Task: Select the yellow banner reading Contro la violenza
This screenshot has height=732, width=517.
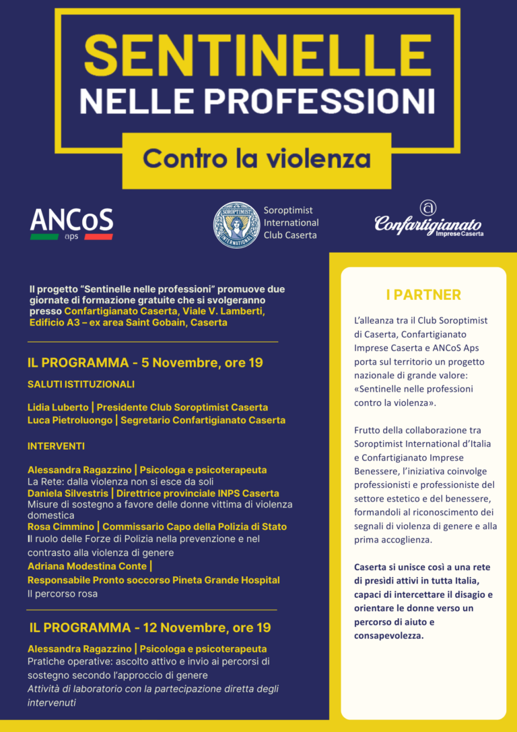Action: point(256,159)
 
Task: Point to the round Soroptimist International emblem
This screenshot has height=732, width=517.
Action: point(236,225)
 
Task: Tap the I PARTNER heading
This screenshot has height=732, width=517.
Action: point(423,295)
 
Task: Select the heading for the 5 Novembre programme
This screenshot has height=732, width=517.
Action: point(145,363)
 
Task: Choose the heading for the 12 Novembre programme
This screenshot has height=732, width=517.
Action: point(150,628)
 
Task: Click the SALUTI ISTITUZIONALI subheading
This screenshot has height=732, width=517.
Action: point(81,384)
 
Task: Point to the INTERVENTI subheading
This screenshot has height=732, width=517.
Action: point(56,446)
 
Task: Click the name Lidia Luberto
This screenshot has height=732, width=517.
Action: point(57,407)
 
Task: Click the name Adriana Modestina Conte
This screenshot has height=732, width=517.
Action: point(87,566)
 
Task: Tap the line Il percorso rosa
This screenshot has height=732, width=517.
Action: point(63,594)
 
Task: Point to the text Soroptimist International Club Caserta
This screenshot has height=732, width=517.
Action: point(291,222)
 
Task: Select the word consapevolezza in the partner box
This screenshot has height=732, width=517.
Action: point(389,634)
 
